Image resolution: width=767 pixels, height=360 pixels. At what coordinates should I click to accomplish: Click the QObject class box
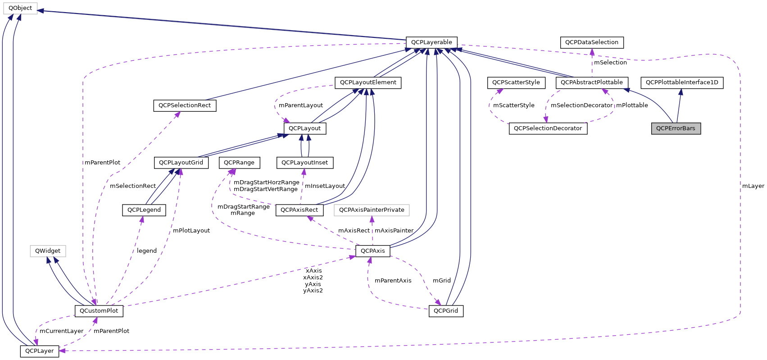20,8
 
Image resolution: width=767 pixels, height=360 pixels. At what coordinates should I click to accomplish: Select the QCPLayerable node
431,42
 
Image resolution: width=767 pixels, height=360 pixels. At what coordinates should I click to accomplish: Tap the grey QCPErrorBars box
676,128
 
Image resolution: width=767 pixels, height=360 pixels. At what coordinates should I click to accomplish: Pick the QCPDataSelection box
592,42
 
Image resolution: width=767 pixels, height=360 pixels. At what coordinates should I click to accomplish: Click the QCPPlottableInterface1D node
682,82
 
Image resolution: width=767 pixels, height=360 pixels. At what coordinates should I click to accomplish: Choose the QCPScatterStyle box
516,82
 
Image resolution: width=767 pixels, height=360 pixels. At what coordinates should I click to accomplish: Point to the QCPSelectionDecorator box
548,128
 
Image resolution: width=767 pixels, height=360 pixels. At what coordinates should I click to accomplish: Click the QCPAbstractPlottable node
591,82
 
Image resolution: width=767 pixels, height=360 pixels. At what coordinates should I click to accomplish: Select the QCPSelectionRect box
185,105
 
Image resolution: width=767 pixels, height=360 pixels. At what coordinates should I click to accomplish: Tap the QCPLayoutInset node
304,163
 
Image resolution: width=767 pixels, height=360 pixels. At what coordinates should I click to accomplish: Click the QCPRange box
239,163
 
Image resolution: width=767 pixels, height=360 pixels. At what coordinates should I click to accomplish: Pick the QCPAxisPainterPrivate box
372,210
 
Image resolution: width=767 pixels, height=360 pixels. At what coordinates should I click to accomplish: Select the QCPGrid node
445,311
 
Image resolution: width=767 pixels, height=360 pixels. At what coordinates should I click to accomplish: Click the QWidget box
48,251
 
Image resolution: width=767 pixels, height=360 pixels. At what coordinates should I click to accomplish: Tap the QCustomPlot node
99,311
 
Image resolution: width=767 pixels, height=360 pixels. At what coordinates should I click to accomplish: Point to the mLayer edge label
753,186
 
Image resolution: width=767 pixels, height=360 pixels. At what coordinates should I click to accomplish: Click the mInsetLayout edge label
325,186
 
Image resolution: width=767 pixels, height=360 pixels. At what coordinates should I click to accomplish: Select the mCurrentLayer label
61,331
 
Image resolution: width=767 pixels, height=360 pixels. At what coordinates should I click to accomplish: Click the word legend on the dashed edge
147,251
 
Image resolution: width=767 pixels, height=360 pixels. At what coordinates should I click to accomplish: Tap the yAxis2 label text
313,291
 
